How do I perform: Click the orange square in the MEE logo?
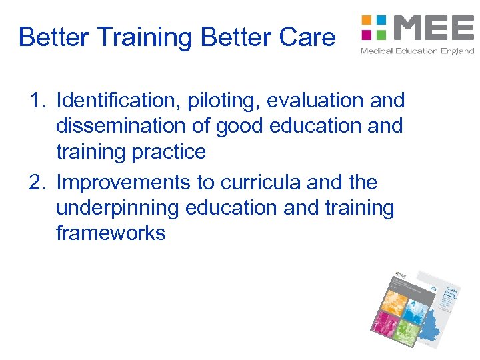366,20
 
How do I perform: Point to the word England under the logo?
457,51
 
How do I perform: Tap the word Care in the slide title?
307,37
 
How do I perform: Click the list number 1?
37,101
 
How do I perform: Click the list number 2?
37,183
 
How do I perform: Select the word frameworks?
111,234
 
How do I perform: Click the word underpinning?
117,208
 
